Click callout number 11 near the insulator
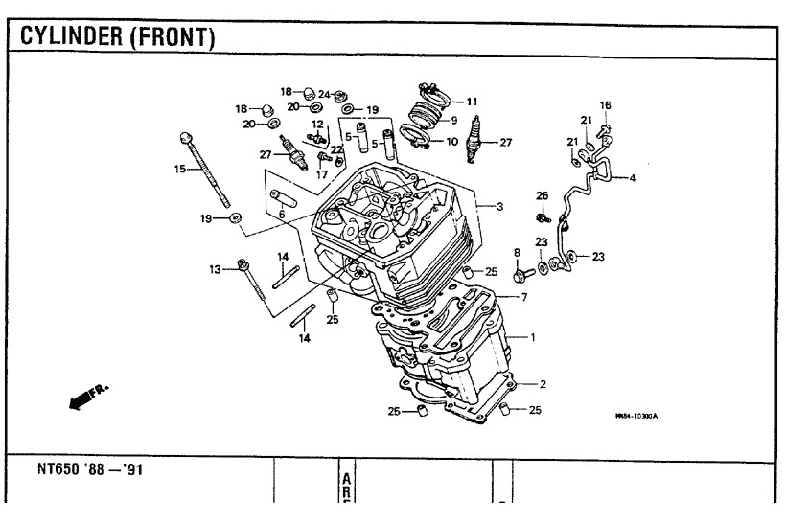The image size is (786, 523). coord(472,101)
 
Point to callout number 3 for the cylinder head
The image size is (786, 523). coord(499,206)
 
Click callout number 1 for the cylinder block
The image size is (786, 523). coord(534,337)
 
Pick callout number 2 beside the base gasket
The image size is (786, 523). coord(543,384)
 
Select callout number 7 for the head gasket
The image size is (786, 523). coord(524,297)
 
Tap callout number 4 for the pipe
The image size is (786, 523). coord(632,178)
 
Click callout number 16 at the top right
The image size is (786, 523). coord(605,104)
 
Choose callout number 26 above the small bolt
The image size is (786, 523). coord(543,195)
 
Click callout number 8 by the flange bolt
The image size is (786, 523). coord(518,253)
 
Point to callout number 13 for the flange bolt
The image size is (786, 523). coord(216,269)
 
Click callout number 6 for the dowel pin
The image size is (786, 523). coord(281,214)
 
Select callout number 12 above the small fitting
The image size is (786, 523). coord(317,124)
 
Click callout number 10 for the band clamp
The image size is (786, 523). coord(451,142)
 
